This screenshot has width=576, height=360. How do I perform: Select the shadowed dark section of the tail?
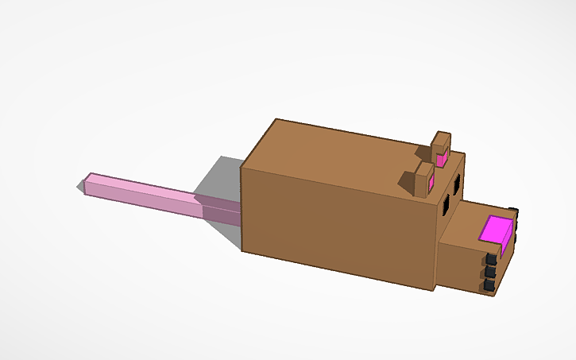coord(218,210)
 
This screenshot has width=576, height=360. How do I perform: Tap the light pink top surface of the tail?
coord(143,188)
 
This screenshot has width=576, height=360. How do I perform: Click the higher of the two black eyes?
coord(457,184)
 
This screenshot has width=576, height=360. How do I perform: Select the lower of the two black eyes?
coord(446,206)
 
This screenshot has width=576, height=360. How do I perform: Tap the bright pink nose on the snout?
coord(497,230)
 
